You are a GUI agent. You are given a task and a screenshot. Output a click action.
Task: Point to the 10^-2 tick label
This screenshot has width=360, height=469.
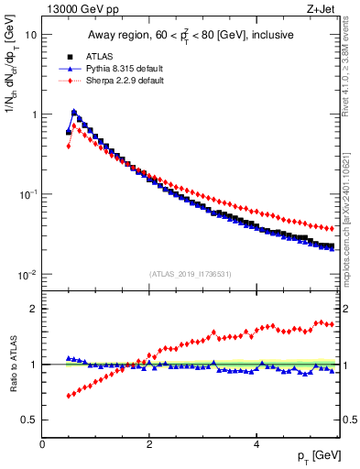tap(28, 275)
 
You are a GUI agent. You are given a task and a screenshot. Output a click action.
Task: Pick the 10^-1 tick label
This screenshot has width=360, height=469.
tap(28, 195)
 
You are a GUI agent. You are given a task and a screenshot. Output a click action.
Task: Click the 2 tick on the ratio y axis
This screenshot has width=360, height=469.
tap(35, 309)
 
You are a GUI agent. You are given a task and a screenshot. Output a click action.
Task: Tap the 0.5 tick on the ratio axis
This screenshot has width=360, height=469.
tap(30, 420)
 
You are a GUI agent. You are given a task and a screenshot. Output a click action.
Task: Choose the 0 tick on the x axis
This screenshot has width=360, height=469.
tap(42, 443)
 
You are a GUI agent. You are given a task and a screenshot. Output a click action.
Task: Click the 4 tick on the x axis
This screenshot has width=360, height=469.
tap(256, 443)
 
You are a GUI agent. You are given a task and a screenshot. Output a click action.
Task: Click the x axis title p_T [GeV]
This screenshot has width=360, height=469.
tap(314, 456)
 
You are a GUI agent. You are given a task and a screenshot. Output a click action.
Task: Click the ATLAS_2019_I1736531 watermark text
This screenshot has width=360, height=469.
tap(191, 274)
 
